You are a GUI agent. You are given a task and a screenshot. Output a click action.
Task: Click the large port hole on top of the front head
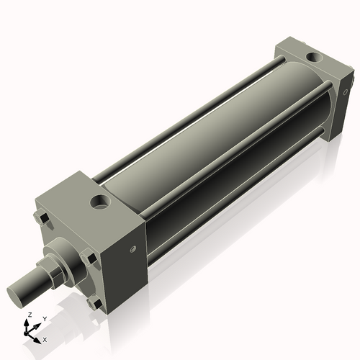(x=99, y=201)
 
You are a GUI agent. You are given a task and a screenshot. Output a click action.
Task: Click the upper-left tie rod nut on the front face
(x=42, y=217)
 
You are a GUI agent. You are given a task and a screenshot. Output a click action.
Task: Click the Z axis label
(x=28, y=315)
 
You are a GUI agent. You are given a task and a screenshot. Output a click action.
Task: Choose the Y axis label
(x=44, y=318)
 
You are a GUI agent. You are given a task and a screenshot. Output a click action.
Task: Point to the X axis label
(x=45, y=339)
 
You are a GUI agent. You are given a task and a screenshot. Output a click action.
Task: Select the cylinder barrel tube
(x=216, y=130)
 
